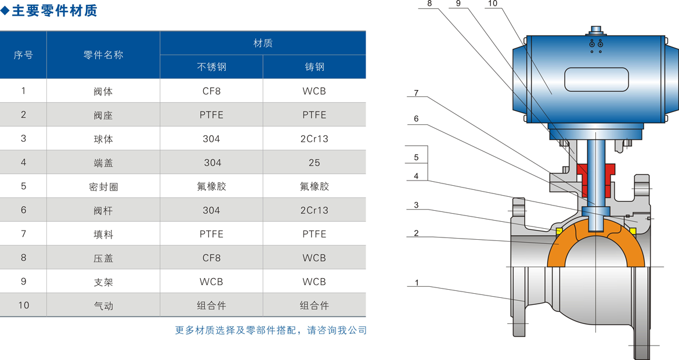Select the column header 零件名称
click(x=103, y=55)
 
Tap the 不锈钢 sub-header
click(x=211, y=67)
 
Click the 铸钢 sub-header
click(x=315, y=67)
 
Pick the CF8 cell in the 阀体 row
click(x=211, y=91)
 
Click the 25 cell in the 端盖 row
click(x=315, y=163)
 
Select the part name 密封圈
click(x=103, y=186)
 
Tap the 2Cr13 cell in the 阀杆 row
click(x=315, y=210)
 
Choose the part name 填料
click(x=103, y=234)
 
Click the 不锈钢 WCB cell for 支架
click(x=211, y=282)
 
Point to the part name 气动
click(x=103, y=305)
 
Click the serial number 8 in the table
click(x=24, y=258)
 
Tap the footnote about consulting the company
click(x=271, y=330)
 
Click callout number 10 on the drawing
click(x=492, y=4)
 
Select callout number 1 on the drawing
click(x=417, y=283)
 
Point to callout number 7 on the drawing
click(x=416, y=93)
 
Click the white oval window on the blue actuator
click(x=597, y=80)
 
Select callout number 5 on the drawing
click(x=416, y=157)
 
